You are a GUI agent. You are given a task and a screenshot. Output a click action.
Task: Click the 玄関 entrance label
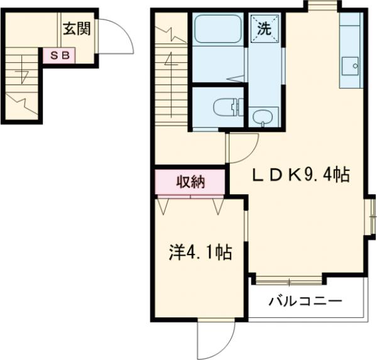(x=77, y=28)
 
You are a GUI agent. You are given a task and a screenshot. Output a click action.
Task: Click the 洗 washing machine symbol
(x=263, y=29)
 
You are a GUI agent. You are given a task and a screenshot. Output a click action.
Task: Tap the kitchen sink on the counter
(x=349, y=65)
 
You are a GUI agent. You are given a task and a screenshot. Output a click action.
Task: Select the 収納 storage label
(x=190, y=182)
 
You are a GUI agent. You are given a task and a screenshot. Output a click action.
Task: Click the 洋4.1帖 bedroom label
(x=199, y=253)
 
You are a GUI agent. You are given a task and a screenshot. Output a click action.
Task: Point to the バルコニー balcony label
(x=305, y=301)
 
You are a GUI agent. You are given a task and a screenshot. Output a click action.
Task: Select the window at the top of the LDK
(x=322, y=6)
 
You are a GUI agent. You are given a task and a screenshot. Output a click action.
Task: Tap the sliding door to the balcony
(x=289, y=276)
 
